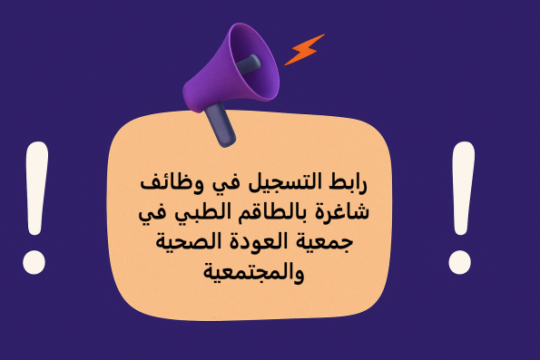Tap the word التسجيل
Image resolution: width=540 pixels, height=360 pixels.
[288, 185]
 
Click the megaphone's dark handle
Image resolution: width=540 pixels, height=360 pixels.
[220, 125]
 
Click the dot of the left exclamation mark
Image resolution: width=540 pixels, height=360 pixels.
[34, 262]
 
